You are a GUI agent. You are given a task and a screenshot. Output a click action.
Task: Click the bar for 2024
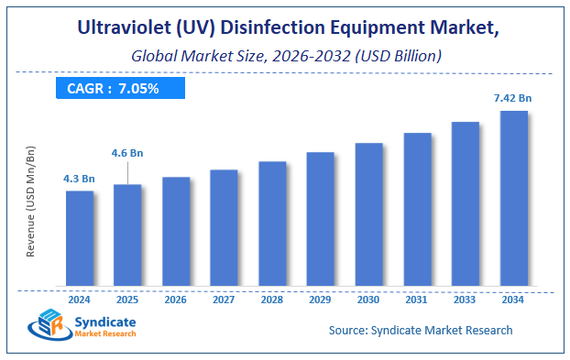point(80,237)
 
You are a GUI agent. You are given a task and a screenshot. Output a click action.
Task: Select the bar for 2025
point(127,235)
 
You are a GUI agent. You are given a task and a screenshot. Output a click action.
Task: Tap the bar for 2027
point(224,226)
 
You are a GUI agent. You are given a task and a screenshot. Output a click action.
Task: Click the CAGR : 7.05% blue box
point(119,88)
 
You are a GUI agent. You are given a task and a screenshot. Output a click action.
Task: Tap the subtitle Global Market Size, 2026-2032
point(284,56)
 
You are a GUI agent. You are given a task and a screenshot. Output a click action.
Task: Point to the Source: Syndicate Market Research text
point(420,330)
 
